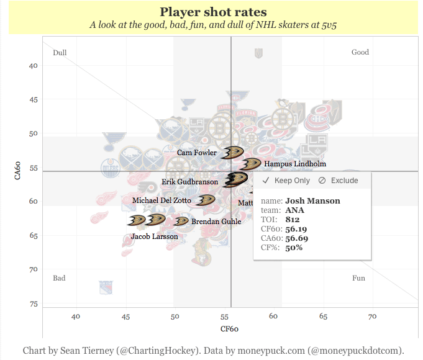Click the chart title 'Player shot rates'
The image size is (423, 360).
pos(213,12)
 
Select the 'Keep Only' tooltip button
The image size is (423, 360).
pos(286,181)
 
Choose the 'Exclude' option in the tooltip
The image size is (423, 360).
pos(338,181)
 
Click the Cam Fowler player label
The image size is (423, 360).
pos(197,153)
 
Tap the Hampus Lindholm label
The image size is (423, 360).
pos(295,164)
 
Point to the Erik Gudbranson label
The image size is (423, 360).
pos(190,182)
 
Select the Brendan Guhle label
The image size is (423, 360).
pos(216,221)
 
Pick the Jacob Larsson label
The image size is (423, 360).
pos(154,236)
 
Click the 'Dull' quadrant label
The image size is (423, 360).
pos(60,53)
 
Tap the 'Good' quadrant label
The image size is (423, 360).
pos(360,53)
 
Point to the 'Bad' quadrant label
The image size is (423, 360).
pos(59,278)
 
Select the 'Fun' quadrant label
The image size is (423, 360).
pos(358,278)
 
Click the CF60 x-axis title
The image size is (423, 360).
pos(230,328)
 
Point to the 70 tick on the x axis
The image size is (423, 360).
pos(373,317)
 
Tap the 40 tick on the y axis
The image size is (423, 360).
pos(34,65)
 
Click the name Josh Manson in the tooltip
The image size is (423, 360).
pos(312,200)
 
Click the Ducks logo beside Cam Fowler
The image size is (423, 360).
pos(232,153)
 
